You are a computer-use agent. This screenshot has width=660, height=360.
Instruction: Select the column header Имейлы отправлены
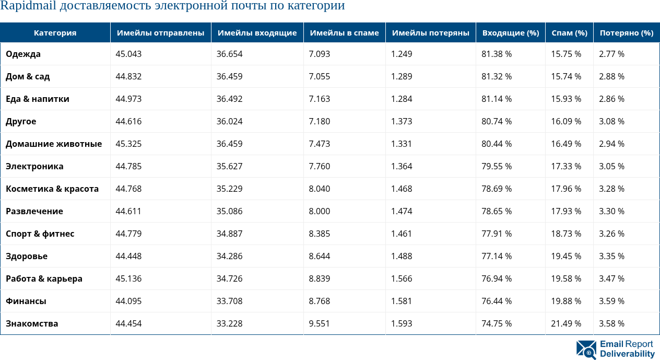pyautogui.click(x=160, y=33)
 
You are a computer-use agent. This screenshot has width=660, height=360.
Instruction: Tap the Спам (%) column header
pyautogui.click(x=569, y=33)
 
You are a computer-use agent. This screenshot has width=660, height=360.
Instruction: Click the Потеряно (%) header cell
pyautogui.click(x=626, y=33)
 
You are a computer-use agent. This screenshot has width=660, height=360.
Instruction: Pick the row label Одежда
pyautogui.click(x=23, y=54)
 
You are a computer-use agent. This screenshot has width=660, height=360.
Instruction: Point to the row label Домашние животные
pyautogui.click(x=54, y=144)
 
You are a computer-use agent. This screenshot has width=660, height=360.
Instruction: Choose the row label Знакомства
pyautogui.click(x=32, y=323)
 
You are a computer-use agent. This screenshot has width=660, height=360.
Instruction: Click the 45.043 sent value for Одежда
pyautogui.click(x=128, y=54)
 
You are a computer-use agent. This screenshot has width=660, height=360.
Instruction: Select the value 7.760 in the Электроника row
pyautogui.click(x=320, y=166)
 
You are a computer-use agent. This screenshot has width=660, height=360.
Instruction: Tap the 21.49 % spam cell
pyautogui.click(x=566, y=323)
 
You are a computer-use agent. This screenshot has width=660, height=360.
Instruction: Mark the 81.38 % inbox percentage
pyautogui.click(x=497, y=54)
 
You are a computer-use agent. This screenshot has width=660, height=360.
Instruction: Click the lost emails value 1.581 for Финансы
pyautogui.click(x=402, y=301)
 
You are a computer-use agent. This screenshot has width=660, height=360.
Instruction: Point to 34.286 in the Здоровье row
pyautogui.click(x=230, y=256)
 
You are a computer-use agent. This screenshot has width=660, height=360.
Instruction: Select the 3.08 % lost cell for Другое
pyautogui.click(x=611, y=121)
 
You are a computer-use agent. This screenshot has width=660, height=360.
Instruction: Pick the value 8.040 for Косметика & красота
pyautogui.click(x=320, y=189)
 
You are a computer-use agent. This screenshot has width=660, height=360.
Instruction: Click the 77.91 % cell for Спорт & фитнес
pyautogui.click(x=497, y=234)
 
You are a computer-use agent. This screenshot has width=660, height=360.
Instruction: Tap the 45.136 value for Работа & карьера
pyautogui.click(x=128, y=278)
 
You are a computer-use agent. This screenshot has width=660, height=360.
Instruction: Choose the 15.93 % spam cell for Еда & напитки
pyautogui.click(x=566, y=99)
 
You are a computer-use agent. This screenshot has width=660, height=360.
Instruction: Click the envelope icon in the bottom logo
pyautogui.click(x=586, y=350)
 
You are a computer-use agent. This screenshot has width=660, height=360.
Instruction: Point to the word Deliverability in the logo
pyautogui.click(x=627, y=354)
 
